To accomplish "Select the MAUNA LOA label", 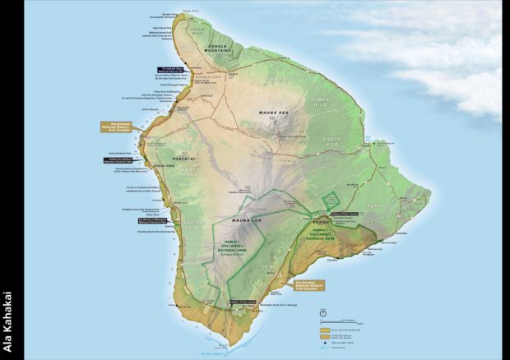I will pyautogui.click(x=246, y=220).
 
